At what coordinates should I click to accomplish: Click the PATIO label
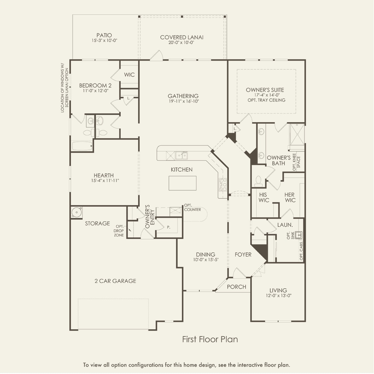[x=104, y=35]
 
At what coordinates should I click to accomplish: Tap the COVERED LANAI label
[x=182, y=37]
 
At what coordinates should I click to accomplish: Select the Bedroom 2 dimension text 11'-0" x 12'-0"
[x=95, y=90]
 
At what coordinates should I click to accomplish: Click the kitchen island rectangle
[x=182, y=183]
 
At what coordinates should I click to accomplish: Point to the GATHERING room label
[x=183, y=96]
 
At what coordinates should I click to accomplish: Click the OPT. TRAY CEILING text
[x=266, y=100]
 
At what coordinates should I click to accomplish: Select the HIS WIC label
[x=263, y=197]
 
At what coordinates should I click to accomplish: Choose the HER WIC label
[x=290, y=197]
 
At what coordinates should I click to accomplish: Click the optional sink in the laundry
[x=298, y=235]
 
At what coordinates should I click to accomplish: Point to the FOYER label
[x=243, y=255]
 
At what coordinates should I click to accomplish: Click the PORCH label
[x=236, y=287]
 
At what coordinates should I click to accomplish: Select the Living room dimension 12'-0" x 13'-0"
[x=278, y=296]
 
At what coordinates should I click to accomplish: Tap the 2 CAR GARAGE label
[x=115, y=281]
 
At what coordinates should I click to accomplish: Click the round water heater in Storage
[x=77, y=212]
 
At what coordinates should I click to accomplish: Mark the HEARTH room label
[x=103, y=175]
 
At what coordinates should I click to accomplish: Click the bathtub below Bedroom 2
[x=82, y=146]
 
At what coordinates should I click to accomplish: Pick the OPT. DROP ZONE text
[x=119, y=231]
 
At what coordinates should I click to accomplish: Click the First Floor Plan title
[x=210, y=339]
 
